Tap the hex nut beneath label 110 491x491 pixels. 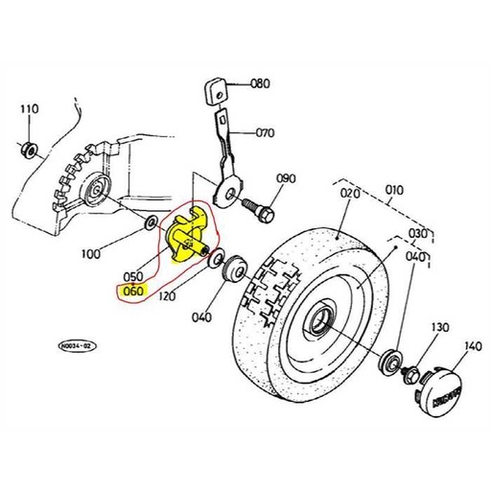28,149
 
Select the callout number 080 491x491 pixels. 260,83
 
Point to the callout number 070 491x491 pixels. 263,132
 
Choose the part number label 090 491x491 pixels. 286,178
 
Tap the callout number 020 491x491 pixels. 348,193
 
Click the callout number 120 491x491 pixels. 169,296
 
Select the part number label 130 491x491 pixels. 438,328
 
